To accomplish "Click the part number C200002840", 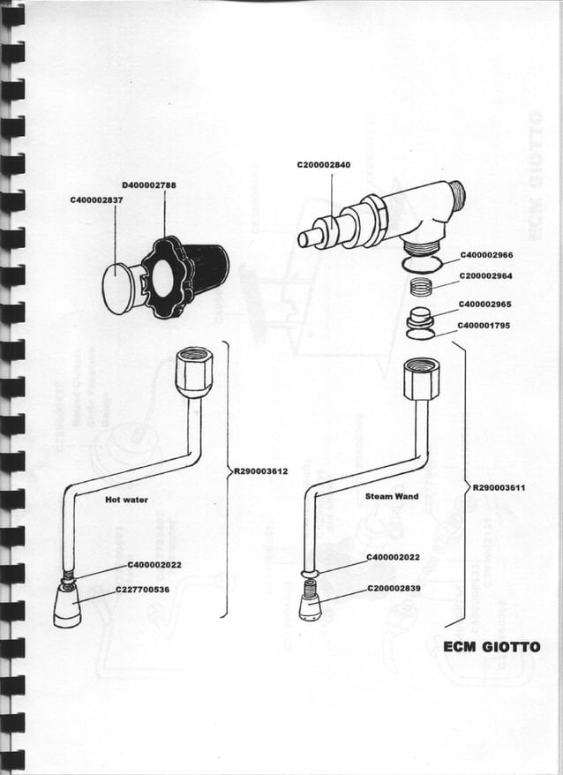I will (323, 165).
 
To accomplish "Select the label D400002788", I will (149, 185).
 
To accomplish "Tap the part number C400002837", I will (96, 200).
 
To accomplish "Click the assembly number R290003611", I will (500, 486).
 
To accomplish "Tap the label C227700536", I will (142, 588).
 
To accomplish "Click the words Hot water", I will (127, 500).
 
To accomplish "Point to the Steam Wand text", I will (392, 497).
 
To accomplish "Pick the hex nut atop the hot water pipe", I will (192, 371).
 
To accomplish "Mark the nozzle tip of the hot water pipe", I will (67, 609).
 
